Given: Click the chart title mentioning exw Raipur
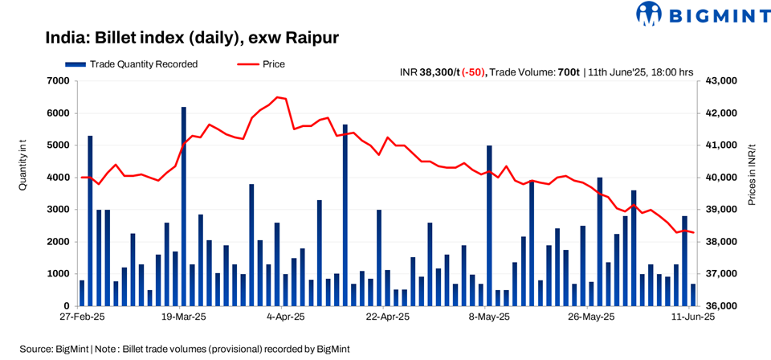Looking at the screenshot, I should coord(194,38).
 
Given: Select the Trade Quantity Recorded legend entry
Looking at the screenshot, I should coord(132,63).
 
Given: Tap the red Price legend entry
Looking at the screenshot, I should coord(261,63).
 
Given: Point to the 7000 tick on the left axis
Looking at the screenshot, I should coord(59,81).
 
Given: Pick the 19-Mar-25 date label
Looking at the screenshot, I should coord(183,317).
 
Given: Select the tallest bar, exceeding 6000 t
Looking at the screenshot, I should coord(184,206).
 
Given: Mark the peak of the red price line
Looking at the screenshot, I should coord(278,97).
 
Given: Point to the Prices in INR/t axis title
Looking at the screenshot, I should coord(752,176).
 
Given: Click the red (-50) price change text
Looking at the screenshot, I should coord(473,72).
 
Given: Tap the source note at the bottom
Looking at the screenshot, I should coord(185,349).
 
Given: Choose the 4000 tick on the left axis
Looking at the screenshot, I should coord(59,178).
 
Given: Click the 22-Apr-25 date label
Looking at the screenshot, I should coord(388,317).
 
